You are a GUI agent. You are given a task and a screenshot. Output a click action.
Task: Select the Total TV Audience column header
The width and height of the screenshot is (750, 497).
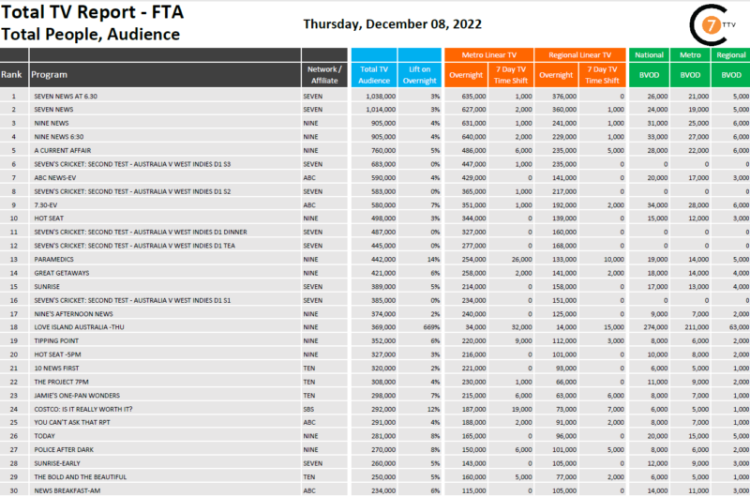374,74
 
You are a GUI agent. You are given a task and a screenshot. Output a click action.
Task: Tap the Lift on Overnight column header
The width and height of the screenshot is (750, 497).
420,74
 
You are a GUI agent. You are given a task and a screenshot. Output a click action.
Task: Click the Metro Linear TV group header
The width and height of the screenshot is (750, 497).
488,55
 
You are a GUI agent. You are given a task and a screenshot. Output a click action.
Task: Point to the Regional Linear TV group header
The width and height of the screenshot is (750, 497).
581,55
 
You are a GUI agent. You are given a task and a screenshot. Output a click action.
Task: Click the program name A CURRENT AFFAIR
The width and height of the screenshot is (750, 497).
62,150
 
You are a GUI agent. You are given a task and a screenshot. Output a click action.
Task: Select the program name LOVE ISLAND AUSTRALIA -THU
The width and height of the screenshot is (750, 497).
79,326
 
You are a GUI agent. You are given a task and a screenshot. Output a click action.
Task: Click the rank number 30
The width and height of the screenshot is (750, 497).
14,490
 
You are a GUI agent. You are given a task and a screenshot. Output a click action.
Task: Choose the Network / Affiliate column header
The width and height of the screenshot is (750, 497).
325,74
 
